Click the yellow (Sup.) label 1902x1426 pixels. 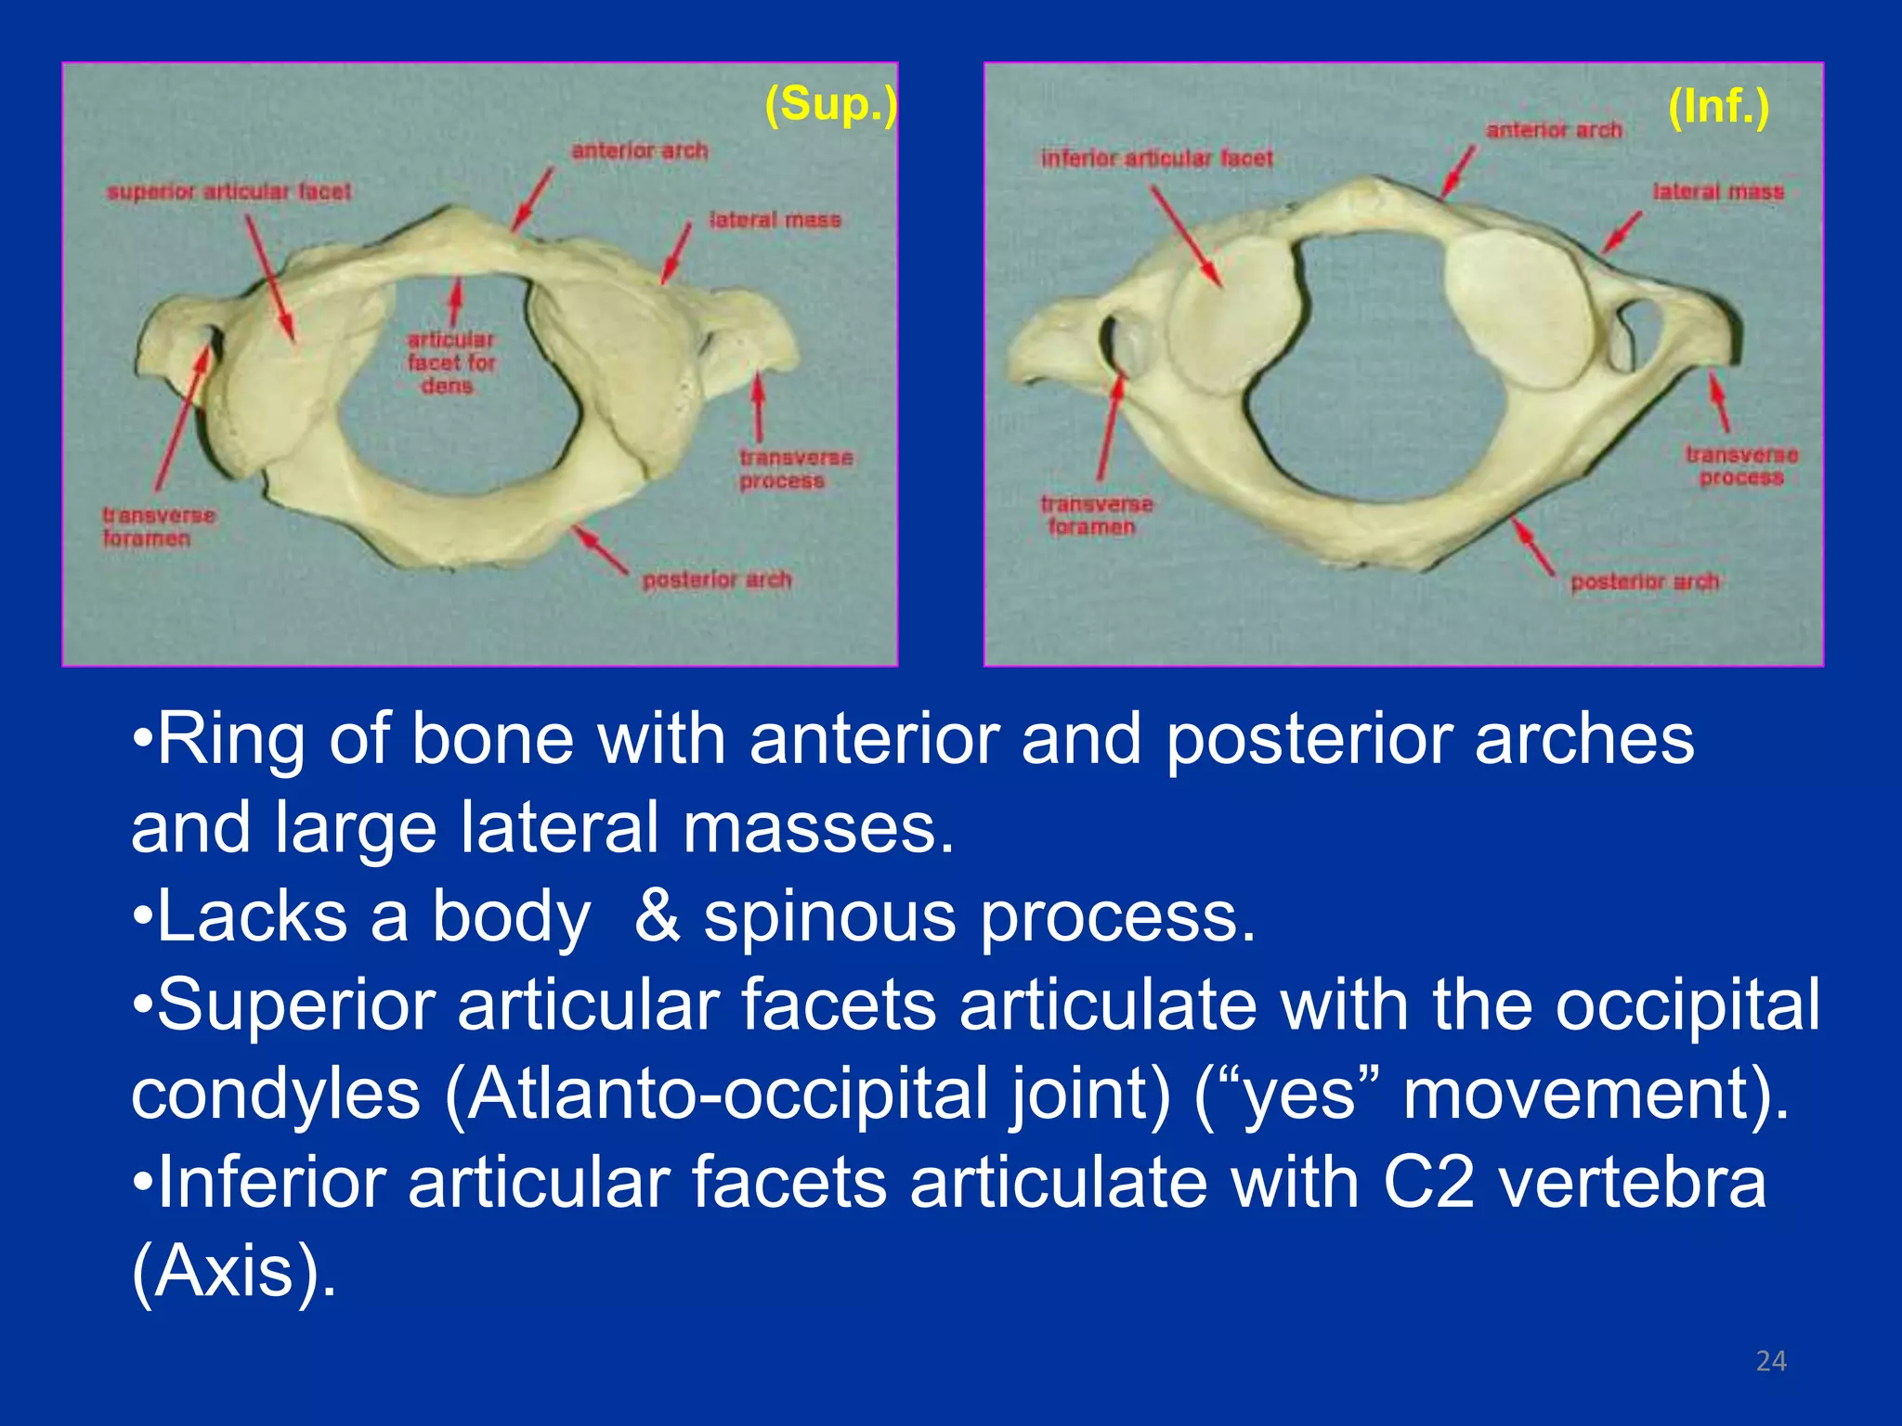(x=830, y=104)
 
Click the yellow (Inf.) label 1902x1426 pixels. (x=1718, y=107)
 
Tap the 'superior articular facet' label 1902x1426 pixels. (x=228, y=192)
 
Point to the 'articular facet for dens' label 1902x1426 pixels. (x=451, y=362)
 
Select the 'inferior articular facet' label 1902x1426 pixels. (x=1156, y=159)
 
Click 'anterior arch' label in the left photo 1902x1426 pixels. (x=639, y=150)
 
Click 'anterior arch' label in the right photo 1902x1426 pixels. (x=1554, y=130)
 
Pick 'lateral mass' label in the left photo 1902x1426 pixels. (x=775, y=220)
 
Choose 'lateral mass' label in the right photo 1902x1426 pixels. (x=1718, y=192)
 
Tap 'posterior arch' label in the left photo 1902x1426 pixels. (x=717, y=580)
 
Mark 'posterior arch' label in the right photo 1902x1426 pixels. (x=1645, y=582)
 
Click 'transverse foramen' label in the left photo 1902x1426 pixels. (x=158, y=526)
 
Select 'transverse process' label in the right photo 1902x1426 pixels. (x=1741, y=466)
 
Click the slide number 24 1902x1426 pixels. (x=1771, y=1361)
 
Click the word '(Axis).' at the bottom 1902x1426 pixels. (x=233, y=1271)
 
